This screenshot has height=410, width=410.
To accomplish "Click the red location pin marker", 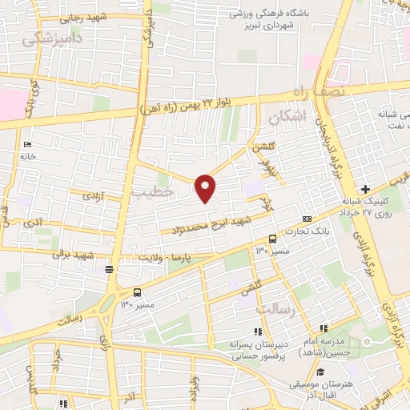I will pos(206,187).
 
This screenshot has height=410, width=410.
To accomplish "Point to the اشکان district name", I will pos(288,117).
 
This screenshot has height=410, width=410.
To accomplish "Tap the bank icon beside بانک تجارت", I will pos(307,219).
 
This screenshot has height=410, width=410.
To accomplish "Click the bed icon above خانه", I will pos(28,144).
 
